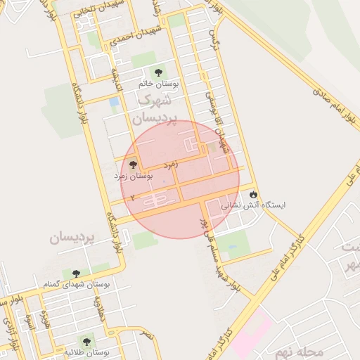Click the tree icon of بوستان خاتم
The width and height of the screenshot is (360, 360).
(x=158, y=72)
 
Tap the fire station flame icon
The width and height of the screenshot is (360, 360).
(x=254, y=194)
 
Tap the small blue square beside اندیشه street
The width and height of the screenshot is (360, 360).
(x=114, y=102)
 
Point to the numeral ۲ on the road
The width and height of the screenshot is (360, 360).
(x=131, y=198)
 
